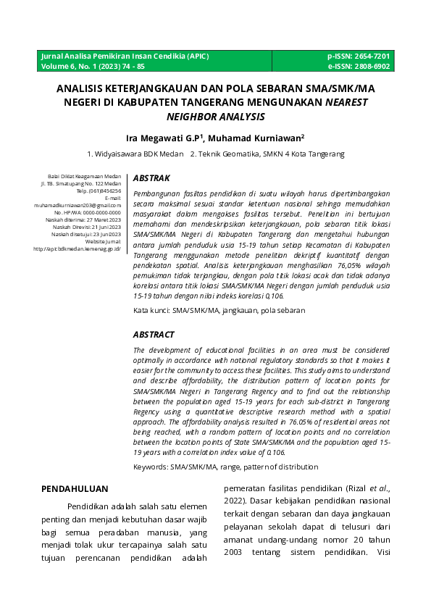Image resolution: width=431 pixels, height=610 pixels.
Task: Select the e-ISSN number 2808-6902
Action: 369,66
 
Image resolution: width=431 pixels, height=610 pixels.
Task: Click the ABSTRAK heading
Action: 151,178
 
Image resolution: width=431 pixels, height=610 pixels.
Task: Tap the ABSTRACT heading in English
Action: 154,335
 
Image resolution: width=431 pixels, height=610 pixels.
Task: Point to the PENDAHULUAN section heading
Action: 75,489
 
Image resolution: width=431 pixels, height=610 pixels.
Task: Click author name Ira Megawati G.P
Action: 164,138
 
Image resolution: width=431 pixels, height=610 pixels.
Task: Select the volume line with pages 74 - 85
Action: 93,66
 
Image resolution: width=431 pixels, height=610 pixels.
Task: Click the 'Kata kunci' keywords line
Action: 219,310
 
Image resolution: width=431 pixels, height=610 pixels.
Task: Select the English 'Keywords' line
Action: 225,467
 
